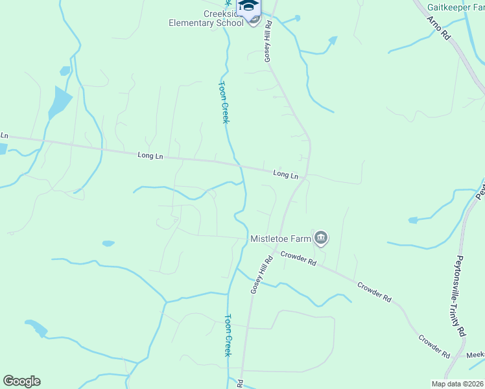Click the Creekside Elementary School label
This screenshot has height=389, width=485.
pos(206,18)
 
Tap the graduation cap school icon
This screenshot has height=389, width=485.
pos(248,6)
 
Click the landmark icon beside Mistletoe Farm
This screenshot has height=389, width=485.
pos(320,238)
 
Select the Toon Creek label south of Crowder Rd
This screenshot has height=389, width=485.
pos(228,335)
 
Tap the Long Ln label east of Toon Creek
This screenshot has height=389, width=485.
pos(285,174)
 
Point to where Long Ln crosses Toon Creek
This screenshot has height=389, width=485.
pos(239,165)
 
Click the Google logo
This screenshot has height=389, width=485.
pos(21,381)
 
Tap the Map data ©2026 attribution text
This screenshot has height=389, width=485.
pos(457,384)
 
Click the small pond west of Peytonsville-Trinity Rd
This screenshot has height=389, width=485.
pos(413,220)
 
